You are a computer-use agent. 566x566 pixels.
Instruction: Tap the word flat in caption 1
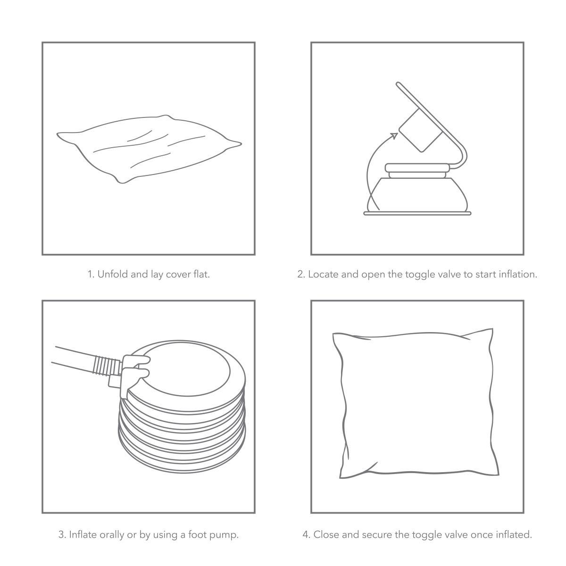click(201, 274)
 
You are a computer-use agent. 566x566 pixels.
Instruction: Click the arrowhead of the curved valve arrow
click(394, 136)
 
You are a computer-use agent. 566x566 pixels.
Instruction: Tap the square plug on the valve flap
click(421, 130)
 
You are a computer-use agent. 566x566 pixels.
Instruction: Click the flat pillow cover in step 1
click(149, 149)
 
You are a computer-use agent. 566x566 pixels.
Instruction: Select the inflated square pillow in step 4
click(416, 403)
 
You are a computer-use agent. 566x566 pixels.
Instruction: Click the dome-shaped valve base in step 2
click(417, 194)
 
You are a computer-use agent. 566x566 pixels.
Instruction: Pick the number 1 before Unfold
click(90, 275)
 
